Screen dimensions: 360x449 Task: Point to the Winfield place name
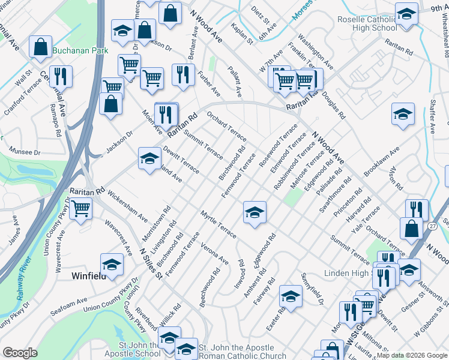pyautogui.click(x=89, y=276)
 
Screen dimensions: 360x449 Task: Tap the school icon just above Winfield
pyautogui.click(x=112, y=264)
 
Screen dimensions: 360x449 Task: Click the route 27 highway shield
pyautogui.click(x=432, y=226)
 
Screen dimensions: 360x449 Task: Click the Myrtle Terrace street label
pyautogui.click(x=218, y=223)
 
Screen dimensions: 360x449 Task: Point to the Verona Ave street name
pyautogui.click(x=214, y=253)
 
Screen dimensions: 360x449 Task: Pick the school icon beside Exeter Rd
pyautogui.click(x=291, y=296)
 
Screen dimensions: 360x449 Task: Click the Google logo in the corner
pyautogui.click(x=20, y=353)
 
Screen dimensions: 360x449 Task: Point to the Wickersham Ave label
pyautogui.click(x=128, y=204)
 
